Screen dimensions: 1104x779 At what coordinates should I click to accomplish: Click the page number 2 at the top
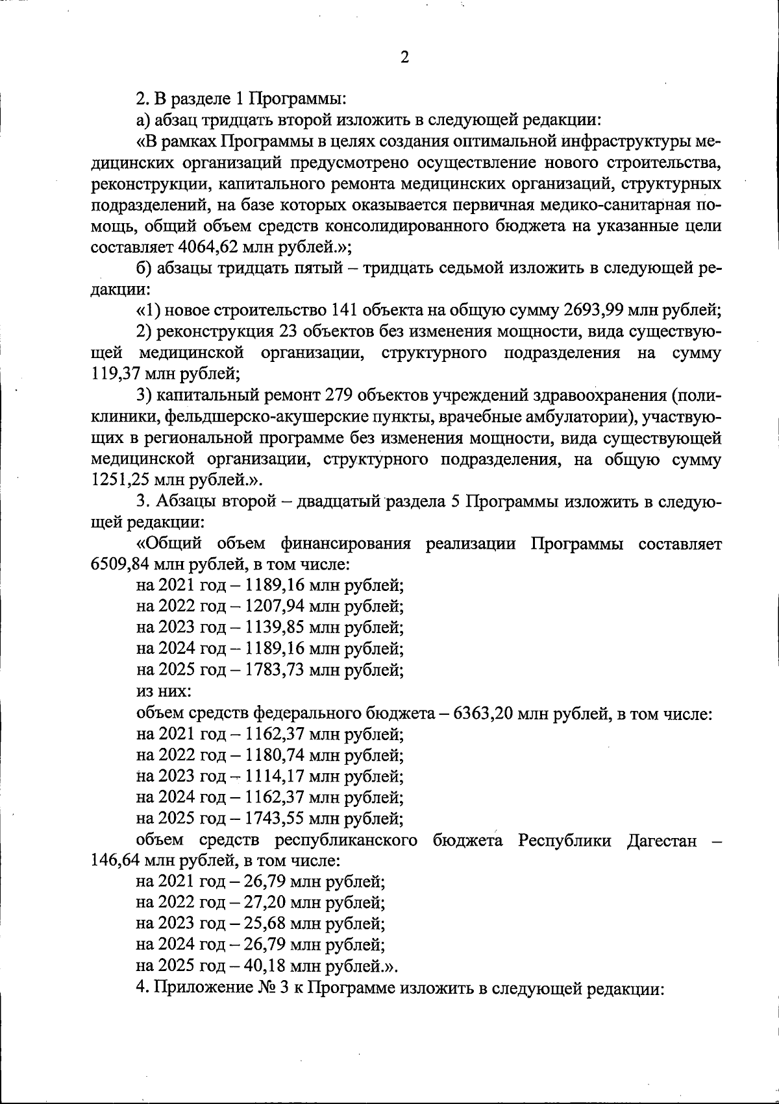(x=404, y=58)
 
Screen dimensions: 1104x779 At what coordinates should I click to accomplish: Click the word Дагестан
(x=662, y=841)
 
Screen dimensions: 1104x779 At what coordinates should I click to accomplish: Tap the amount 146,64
(x=116, y=861)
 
